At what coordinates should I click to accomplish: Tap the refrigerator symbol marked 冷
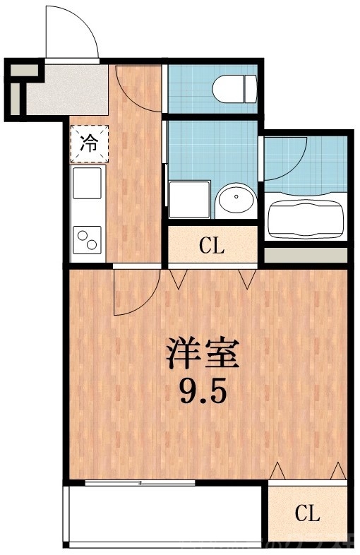click(88, 144)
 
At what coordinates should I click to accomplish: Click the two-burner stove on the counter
click(88, 240)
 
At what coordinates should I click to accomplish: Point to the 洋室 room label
click(203, 353)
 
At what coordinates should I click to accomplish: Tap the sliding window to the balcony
click(139, 483)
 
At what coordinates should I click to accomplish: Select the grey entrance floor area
click(67, 87)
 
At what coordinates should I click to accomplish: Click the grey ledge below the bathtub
click(306, 253)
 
